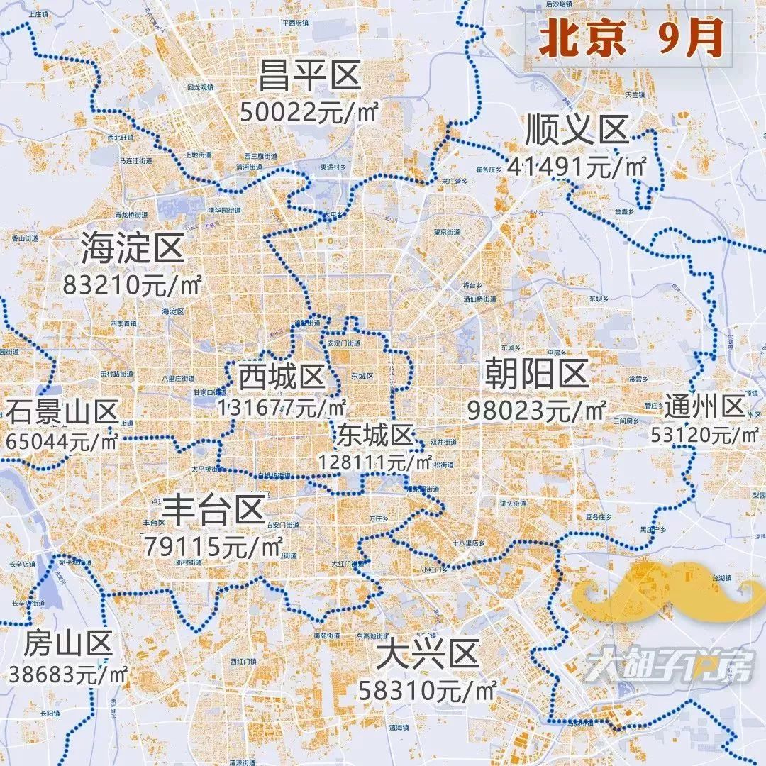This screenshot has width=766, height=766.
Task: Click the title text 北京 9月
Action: [630, 39]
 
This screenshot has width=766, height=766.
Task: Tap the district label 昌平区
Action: [310, 77]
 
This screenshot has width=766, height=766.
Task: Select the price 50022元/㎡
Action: [309, 113]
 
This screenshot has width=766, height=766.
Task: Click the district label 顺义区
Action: [577, 131]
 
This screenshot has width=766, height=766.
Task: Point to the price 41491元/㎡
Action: [577, 167]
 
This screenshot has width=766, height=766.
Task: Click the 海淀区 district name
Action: [133, 248]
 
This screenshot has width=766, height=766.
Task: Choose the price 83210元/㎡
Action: [133, 285]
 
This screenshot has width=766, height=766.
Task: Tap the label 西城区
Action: [281, 377]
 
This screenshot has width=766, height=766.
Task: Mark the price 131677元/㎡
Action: [282, 408]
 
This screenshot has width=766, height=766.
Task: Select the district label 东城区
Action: [375, 433]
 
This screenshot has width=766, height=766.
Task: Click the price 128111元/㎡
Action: [375, 462]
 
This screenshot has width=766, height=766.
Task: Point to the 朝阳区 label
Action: [537, 374]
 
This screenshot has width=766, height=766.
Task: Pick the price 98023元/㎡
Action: [537, 410]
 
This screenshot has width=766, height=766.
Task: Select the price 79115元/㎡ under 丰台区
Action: [213, 546]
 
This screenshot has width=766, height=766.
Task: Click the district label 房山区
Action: [68, 645]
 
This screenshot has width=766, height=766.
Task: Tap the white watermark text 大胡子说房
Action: [667, 667]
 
